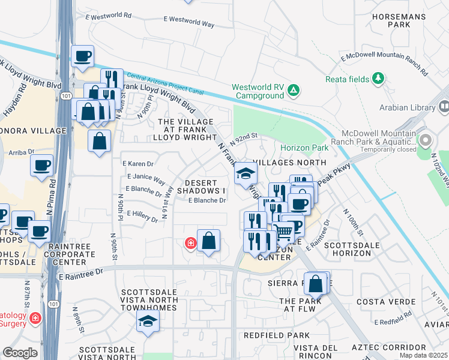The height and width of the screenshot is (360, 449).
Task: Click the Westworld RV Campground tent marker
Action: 293,91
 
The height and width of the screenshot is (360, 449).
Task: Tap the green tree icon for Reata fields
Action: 378,78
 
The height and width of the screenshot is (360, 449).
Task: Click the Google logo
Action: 20,353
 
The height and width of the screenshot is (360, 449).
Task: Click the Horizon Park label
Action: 304,148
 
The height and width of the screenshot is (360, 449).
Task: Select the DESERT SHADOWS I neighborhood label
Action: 205,187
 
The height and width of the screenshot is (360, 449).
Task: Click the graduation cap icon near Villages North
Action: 245,173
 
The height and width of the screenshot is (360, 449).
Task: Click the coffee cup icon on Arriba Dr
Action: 41,166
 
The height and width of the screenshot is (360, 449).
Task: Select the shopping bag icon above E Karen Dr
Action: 100,141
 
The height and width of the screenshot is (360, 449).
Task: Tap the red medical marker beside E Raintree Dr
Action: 190,243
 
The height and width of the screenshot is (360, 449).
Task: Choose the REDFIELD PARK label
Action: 276,335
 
